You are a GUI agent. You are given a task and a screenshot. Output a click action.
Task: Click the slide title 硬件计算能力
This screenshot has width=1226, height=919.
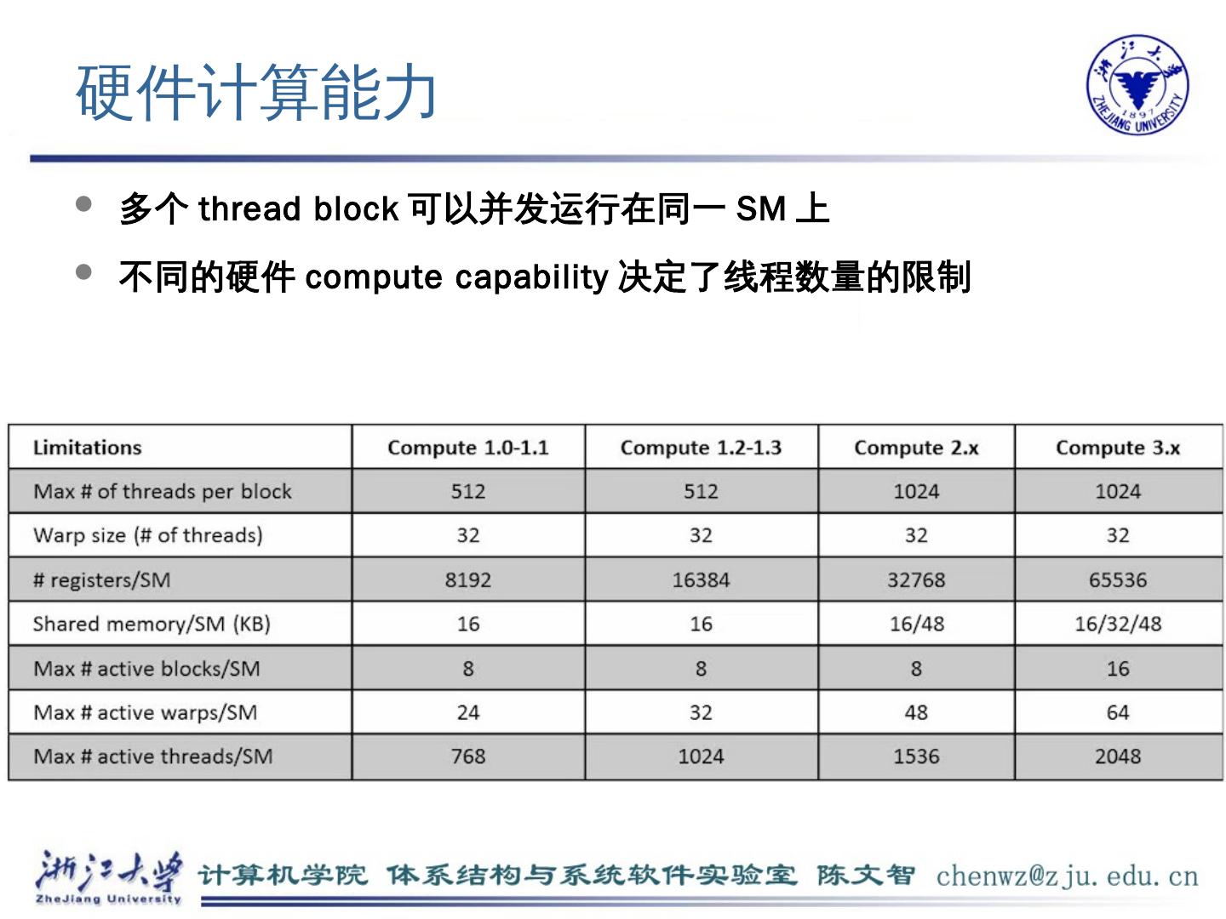tap(256, 92)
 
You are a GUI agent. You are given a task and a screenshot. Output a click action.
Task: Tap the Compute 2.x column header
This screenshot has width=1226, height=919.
tap(916, 448)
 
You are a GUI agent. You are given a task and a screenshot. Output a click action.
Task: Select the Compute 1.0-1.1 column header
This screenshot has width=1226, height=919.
tap(467, 448)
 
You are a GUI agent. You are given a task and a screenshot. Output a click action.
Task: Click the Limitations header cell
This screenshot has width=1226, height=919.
tap(87, 448)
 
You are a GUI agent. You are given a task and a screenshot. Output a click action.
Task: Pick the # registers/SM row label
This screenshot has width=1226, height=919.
tap(101, 580)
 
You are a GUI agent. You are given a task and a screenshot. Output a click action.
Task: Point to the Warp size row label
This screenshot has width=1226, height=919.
tap(147, 535)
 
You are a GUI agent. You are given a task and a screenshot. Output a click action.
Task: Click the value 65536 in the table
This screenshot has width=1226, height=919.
tap(1117, 580)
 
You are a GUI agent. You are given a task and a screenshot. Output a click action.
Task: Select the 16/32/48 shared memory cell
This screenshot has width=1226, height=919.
tap(1117, 624)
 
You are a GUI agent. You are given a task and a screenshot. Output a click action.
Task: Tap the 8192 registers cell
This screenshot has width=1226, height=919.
tap(467, 580)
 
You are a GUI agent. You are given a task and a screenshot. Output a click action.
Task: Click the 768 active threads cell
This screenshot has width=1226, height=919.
tap(467, 756)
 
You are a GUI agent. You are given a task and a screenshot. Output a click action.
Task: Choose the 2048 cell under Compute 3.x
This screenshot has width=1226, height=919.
tap(1117, 756)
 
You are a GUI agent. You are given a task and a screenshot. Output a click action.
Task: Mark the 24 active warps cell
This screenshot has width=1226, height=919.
tap(467, 712)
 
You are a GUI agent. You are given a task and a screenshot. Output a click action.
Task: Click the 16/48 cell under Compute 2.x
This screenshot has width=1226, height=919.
tap(916, 624)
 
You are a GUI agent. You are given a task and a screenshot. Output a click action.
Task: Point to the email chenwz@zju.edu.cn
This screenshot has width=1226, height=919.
tap(1067, 876)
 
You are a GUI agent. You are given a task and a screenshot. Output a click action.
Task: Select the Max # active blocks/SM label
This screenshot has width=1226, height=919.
tap(146, 669)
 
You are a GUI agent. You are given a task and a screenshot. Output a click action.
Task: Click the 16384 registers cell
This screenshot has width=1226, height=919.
tap(701, 580)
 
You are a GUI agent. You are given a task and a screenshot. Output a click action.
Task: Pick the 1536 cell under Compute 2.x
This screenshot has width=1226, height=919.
tap(916, 756)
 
